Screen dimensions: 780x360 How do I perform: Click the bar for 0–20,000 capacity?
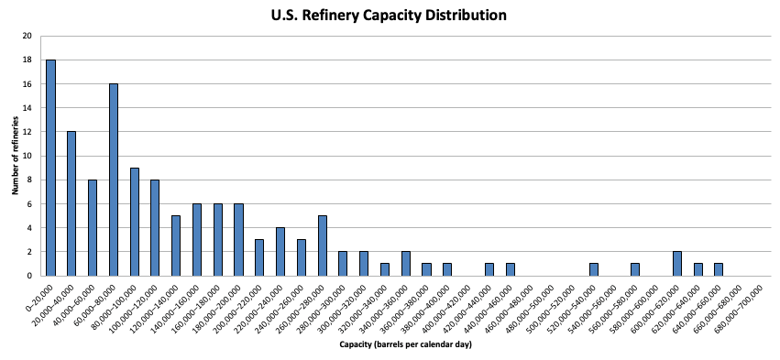(x=50, y=168)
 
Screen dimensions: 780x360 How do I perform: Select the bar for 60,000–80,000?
(x=114, y=180)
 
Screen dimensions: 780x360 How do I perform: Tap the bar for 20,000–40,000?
(x=71, y=203)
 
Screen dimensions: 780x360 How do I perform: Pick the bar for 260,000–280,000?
(x=323, y=245)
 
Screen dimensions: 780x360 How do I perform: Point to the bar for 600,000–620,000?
(x=677, y=264)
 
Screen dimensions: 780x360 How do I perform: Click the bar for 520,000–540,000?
(x=593, y=269)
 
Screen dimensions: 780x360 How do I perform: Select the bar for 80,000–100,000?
(x=135, y=222)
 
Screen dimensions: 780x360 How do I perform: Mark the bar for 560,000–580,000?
(x=635, y=269)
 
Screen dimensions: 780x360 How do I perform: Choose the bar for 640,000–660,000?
(x=719, y=269)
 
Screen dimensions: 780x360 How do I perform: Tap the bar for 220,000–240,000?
(x=280, y=252)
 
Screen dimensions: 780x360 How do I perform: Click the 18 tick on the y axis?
(x=27, y=60)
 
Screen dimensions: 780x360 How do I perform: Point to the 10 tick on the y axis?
(x=27, y=156)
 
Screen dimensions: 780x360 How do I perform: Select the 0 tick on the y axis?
(x=30, y=276)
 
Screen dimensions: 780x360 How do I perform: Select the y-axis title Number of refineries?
(x=16, y=155)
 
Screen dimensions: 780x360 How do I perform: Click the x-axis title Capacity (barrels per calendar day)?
(x=405, y=344)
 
